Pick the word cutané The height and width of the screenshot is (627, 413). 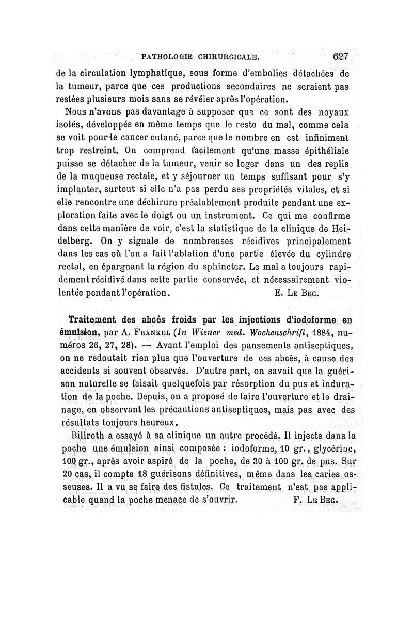[x=154, y=138]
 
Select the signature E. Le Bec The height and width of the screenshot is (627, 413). [x=296, y=292]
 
